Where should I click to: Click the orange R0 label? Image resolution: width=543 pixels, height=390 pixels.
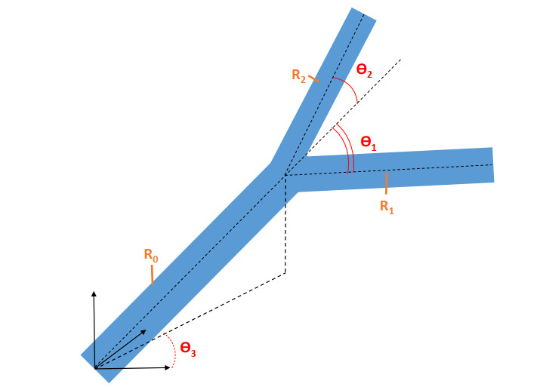point(151,255)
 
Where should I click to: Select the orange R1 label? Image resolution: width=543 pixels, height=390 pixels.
point(386,206)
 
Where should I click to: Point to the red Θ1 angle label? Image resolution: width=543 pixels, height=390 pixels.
point(368,141)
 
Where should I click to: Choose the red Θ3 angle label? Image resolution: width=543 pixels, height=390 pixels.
point(188,349)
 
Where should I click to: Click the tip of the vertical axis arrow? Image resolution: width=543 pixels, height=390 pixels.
point(94,290)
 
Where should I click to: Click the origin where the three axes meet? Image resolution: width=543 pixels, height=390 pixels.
point(94,368)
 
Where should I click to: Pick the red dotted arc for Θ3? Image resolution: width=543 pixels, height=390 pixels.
point(173,356)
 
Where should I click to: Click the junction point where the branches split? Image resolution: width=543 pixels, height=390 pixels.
point(285,175)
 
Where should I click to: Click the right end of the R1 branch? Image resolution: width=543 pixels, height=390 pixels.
point(491,164)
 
